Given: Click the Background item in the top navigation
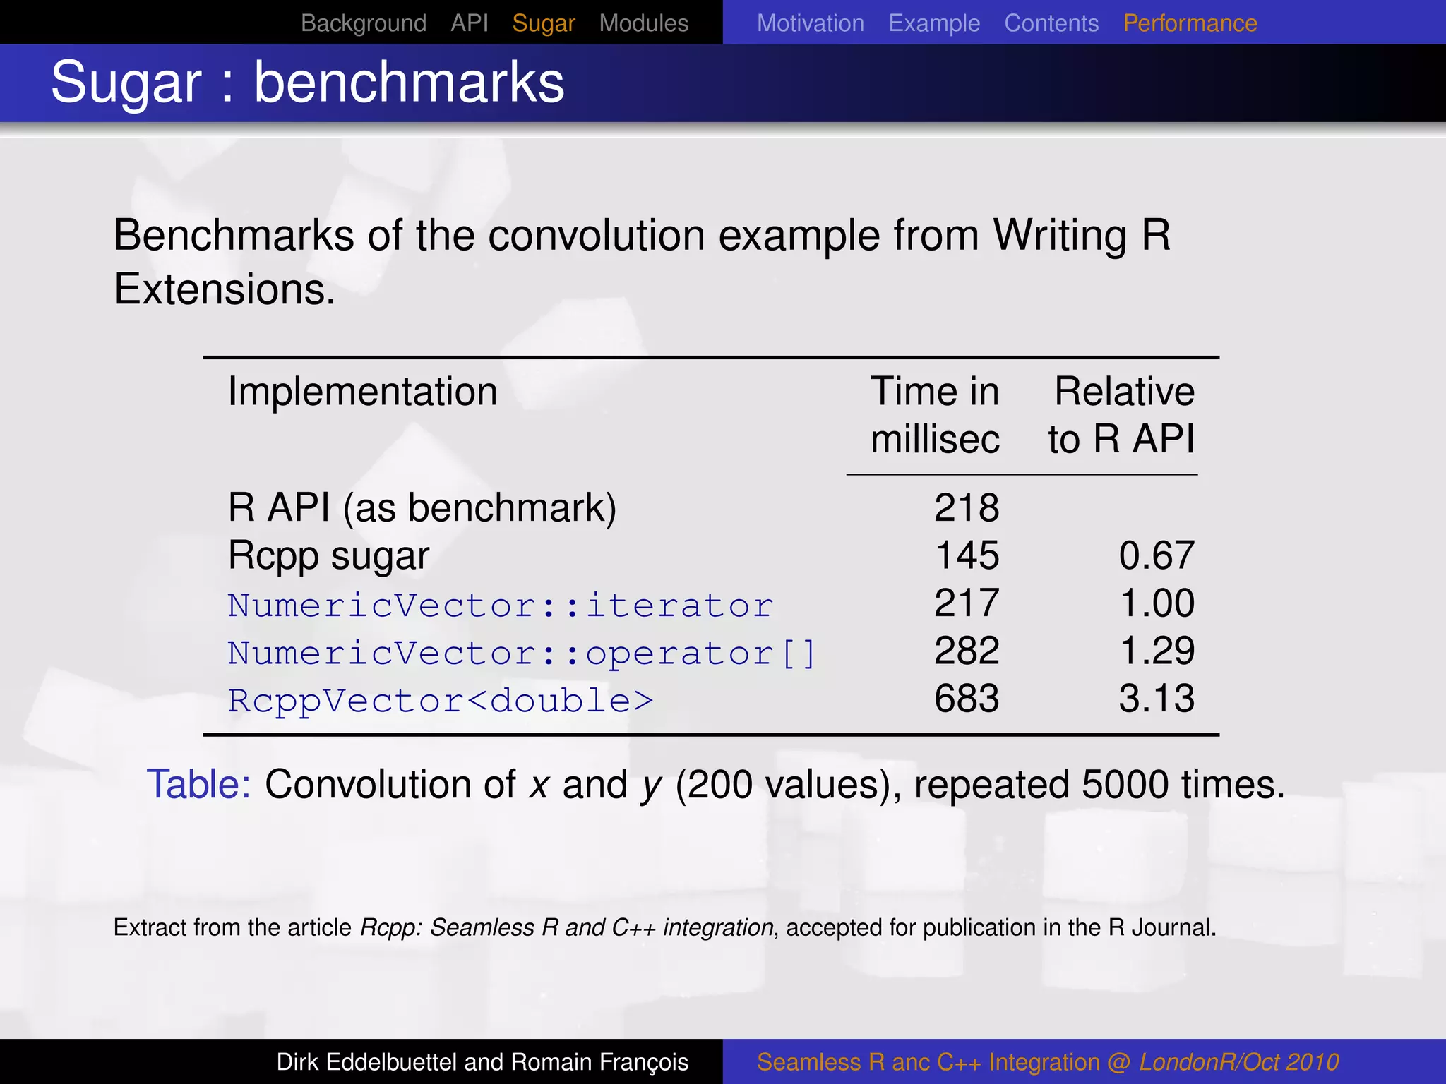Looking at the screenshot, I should tap(364, 23).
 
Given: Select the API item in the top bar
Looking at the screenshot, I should tap(470, 23).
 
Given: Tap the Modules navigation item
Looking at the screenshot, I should tap(643, 23).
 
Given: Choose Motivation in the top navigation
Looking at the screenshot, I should tap(810, 23).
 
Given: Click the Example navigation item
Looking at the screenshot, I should tap(934, 23).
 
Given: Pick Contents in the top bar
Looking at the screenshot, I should tap(1051, 23).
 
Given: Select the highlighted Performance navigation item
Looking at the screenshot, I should tap(1190, 23).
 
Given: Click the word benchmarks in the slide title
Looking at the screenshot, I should tap(409, 83).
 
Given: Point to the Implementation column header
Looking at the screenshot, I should tap(362, 392).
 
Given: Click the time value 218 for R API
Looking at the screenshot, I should tap(967, 507).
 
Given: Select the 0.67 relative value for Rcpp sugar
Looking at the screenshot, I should tap(1157, 555).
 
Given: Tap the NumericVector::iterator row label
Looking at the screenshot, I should tap(500, 606).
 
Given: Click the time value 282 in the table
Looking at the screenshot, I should tap(967, 651).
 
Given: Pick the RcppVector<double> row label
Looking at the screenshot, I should tap(441, 701).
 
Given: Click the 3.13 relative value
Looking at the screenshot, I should tap(1157, 699).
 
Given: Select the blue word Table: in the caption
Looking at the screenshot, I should tap(198, 784).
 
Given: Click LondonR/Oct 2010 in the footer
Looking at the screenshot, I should tap(1238, 1062).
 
